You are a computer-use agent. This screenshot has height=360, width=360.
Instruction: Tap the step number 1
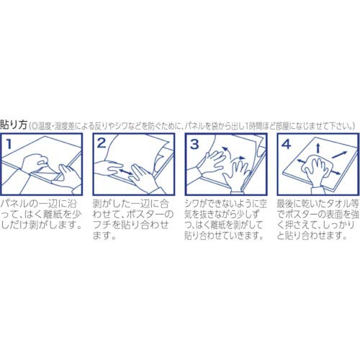tap(10, 144)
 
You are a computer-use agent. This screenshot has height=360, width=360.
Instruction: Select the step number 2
tap(102, 144)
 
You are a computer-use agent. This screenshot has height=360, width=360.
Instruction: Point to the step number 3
tap(193, 144)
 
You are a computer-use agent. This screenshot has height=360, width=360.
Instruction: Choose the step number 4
tap(284, 144)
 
